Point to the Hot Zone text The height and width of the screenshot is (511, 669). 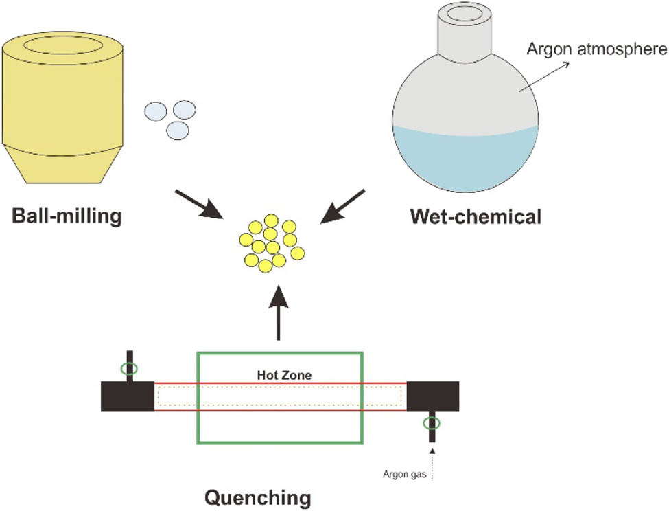point(279,375)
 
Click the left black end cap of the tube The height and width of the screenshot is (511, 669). point(127,396)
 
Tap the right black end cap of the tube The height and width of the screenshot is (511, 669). point(433,396)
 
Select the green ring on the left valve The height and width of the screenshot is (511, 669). point(128,370)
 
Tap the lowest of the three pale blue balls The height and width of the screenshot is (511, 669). point(178,130)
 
